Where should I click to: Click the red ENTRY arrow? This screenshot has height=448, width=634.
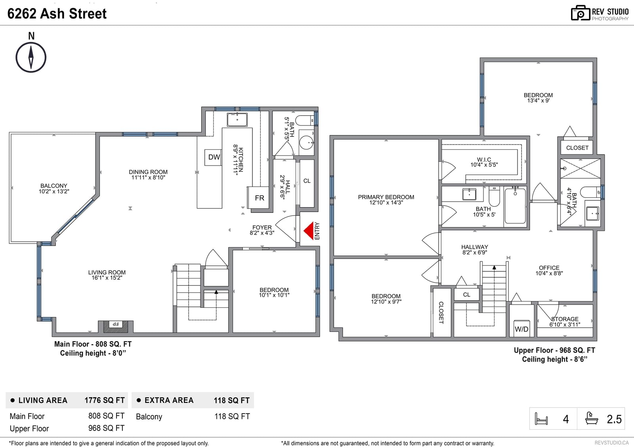coord(309,231)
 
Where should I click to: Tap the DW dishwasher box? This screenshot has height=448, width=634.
coord(213,157)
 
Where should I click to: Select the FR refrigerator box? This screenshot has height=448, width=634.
coord(258,198)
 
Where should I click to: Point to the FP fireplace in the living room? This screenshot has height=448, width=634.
coord(115,326)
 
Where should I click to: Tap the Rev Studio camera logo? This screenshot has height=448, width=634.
coord(581,13)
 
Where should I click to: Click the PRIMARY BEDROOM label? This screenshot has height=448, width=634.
coord(386,197)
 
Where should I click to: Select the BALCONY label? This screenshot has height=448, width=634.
coord(54,186)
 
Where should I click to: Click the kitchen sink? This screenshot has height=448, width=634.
coord(237,120)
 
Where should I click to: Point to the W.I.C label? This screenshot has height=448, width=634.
coord(484,160)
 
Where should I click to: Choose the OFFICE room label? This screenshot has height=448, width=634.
coord(549,268)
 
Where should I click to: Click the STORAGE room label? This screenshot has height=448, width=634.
coord(565,319)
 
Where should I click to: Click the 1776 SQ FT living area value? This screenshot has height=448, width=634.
coord(105,400)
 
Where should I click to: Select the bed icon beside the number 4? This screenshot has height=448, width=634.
coord(541,419)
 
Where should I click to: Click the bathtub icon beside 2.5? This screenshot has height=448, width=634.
coord(592,418)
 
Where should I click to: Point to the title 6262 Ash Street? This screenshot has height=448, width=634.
coord(57,13)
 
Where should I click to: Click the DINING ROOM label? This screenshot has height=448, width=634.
coord(148,172)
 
